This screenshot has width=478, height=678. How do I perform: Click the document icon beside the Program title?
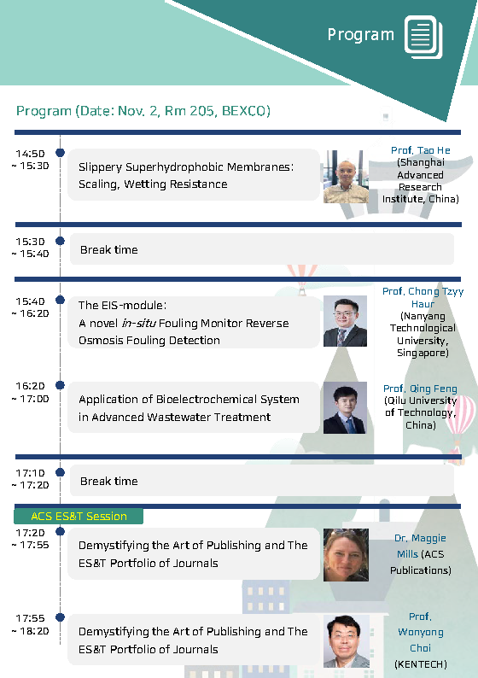(x=423, y=37)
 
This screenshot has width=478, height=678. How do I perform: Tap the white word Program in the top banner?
(x=361, y=35)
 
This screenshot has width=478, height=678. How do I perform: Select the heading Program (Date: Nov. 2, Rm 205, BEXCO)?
(x=143, y=111)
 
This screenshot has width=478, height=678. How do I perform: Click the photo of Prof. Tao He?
(x=346, y=177)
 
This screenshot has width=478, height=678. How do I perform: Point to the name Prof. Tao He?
(x=421, y=150)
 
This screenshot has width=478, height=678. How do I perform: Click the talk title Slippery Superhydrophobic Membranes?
(x=186, y=167)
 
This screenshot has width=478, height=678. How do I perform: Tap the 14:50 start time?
(x=30, y=154)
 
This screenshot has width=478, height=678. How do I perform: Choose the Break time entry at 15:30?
(x=109, y=250)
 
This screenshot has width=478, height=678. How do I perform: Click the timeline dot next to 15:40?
(x=60, y=300)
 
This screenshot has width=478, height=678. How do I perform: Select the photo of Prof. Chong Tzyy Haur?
(x=345, y=321)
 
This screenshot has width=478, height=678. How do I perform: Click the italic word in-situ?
(x=138, y=323)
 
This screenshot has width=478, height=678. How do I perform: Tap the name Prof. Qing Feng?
(x=420, y=389)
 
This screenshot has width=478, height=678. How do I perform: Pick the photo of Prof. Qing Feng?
(x=345, y=407)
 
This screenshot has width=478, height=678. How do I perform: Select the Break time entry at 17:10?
(x=109, y=482)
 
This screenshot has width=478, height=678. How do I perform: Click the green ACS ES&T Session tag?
(x=79, y=516)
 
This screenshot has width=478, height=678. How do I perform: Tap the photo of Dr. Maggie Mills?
(x=346, y=555)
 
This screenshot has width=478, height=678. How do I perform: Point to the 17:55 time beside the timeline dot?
(x=30, y=618)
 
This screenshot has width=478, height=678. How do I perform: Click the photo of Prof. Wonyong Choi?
(x=347, y=641)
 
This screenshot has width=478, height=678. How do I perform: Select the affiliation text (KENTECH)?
(x=421, y=663)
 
